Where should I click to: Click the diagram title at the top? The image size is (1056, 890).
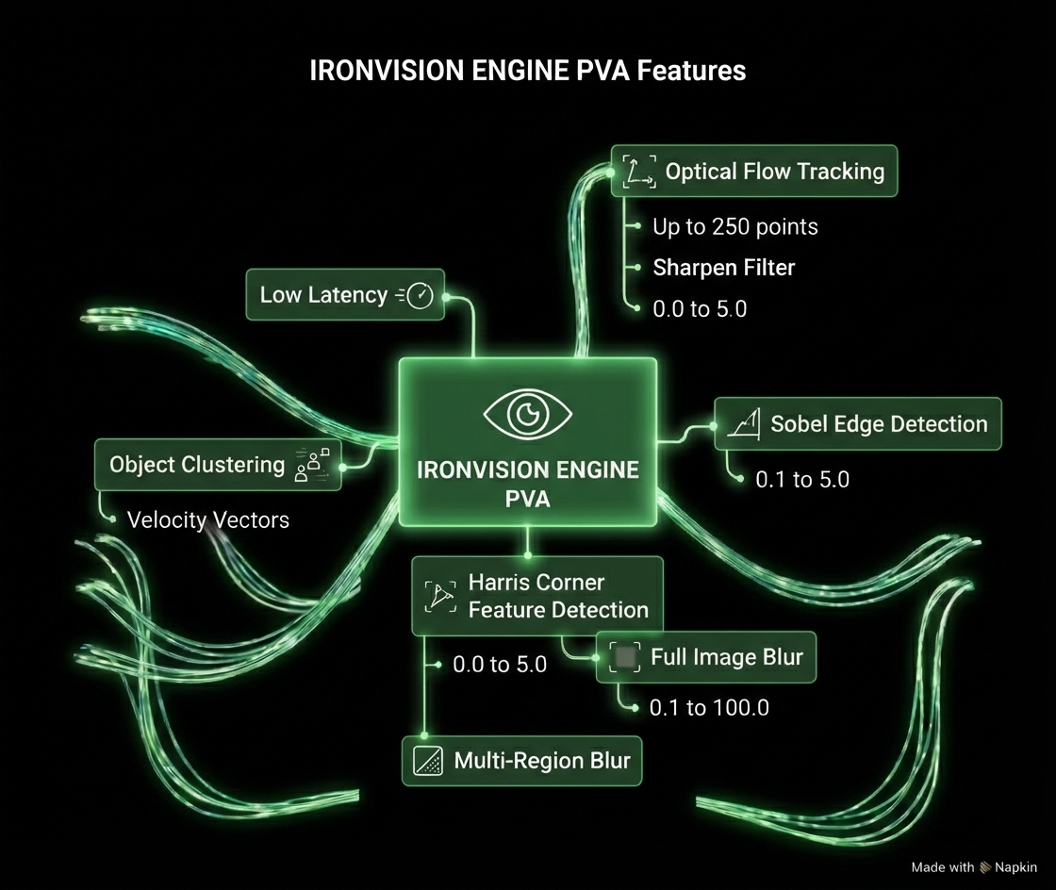click(x=527, y=71)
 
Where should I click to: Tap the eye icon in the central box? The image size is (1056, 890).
click(x=527, y=412)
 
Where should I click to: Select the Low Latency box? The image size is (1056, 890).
click(x=345, y=295)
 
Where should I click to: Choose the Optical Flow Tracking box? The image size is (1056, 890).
click(x=754, y=171)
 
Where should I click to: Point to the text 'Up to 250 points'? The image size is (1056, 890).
click(x=734, y=226)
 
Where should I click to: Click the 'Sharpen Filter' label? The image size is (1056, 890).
click(x=723, y=268)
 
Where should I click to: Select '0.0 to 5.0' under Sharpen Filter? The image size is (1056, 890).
click(x=699, y=308)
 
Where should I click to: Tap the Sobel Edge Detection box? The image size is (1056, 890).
click(x=857, y=424)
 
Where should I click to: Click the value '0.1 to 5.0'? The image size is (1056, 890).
click(x=801, y=479)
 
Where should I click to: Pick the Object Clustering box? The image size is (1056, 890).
click(x=218, y=465)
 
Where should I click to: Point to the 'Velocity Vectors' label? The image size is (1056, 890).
click(x=207, y=519)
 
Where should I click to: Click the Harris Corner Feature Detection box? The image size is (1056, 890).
click(x=537, y=596)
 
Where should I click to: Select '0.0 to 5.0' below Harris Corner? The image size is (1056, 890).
click(x=499, y=665)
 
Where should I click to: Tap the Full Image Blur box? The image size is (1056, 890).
click(x=706, y=657)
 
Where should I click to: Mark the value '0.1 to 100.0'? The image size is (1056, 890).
click(x=708, y=707)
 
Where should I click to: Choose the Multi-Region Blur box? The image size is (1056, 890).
click(x=521, y=761)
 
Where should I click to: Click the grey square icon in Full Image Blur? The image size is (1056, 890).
click(x=624, y=657)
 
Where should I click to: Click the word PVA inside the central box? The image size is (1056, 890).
click(x=527, y=497)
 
